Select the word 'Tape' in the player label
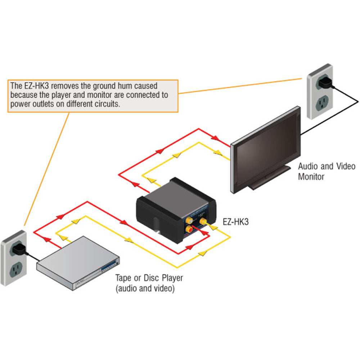coord(123,278)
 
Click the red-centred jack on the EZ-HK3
coord(189,228)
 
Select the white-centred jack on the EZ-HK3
coord(188,218)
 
